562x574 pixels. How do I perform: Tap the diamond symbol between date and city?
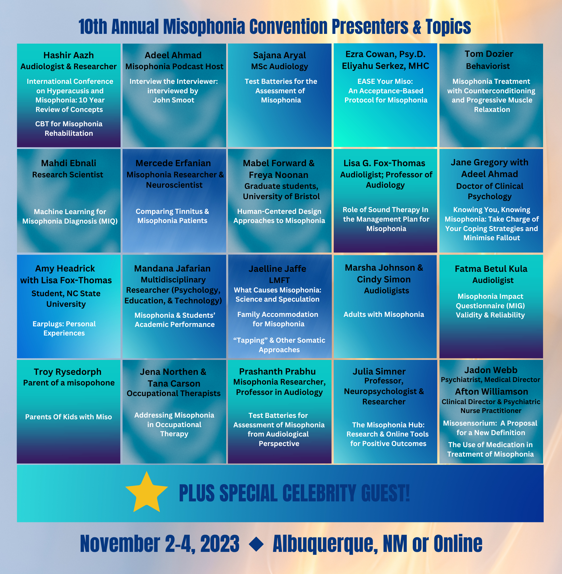pyautogui.click(x=256, y=544)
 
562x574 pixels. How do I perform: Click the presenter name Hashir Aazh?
pyautogui.click(x=69, y=55)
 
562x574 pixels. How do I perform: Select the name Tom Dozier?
pyautogui.click(x=489, y=54)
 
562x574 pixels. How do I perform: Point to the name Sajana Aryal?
pyautogui.click(x=280, y=55)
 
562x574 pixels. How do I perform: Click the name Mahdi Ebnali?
pyautogui.click(x=69, y=163)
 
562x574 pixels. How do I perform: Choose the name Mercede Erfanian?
pyautogui.click(x=173, y=163)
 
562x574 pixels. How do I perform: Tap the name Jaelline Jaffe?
pyautogui.click(x=277, y=269)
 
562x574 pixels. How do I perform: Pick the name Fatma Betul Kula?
pyautogui.click(x=491, y=269)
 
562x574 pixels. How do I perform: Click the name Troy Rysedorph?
pyautogui.click(x=67, y=372)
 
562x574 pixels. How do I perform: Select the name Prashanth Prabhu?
pyautogui.click(x=277, y=371)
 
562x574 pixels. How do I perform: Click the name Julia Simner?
pyautogui.click(x=379, y=371)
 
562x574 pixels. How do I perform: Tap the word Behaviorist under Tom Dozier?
pyautogui.click(x=488, y=66)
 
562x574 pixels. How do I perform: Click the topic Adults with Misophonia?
pyautogui.click(x=384, y=314)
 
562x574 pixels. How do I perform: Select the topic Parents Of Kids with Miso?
pyautogui.click(x=69, y=417)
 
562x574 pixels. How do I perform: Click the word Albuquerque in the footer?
pyautogui.click(x=325, y=544)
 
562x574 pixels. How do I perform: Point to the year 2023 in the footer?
pyautogui.click(x=220, y=543)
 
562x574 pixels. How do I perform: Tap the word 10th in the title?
pyautogui.click(x=93, y=27)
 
